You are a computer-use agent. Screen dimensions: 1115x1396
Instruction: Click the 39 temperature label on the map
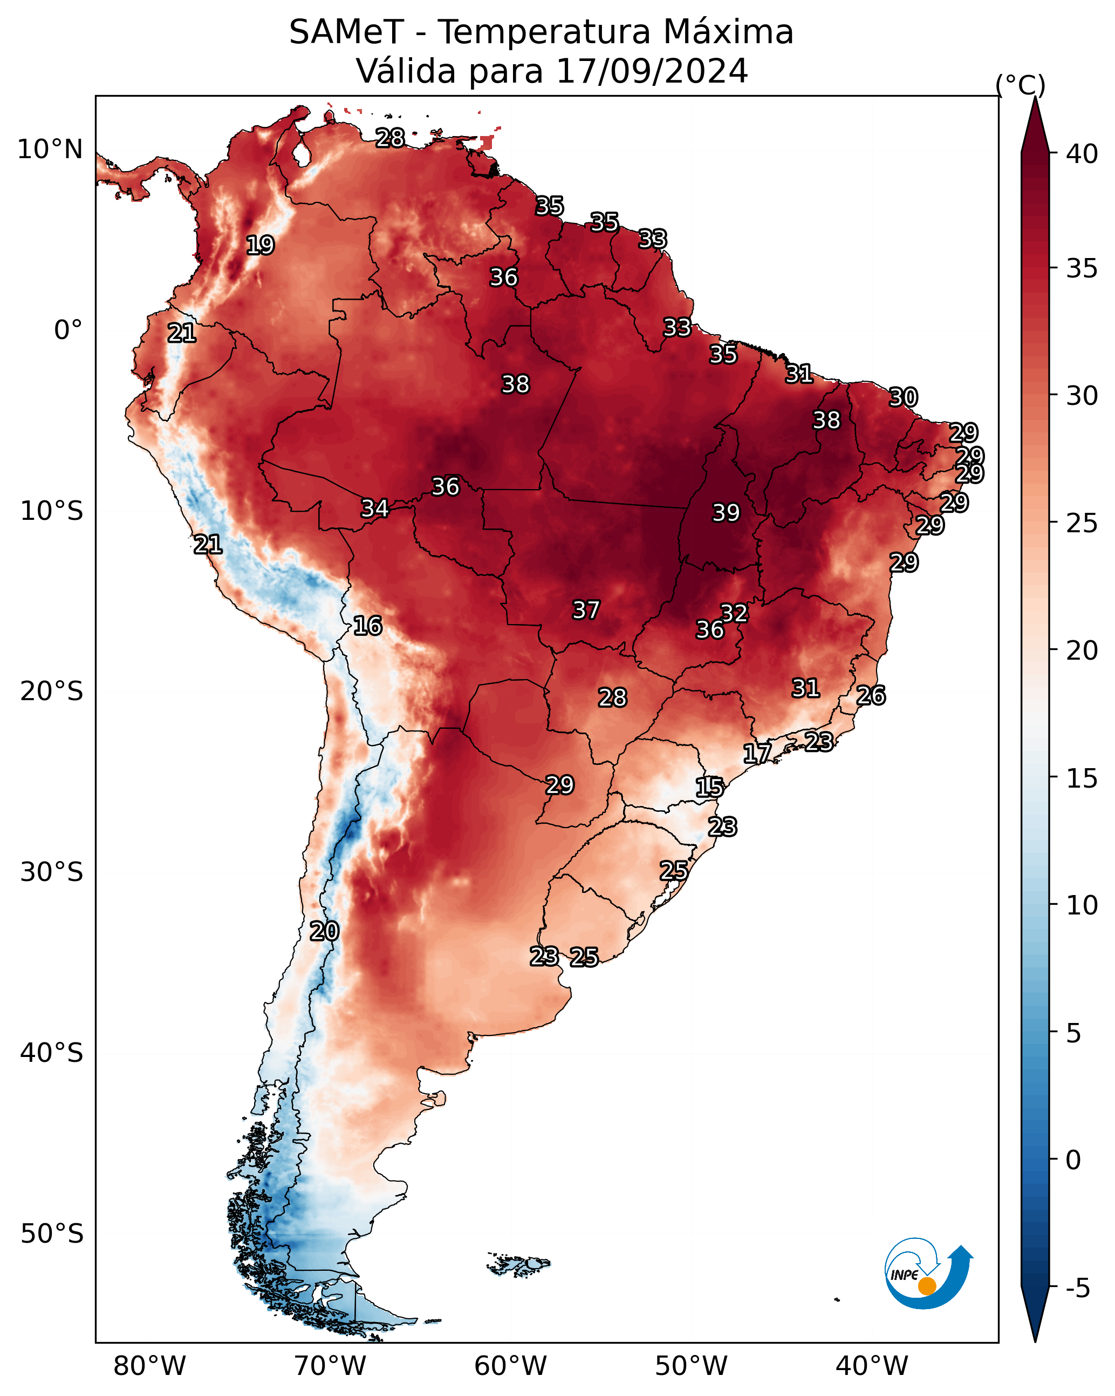pyautogui.click(x=726, y=513)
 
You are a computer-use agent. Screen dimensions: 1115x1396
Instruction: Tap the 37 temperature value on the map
pyautogui.click(x=586, y=610)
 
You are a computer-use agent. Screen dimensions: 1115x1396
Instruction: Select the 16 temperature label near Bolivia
pyautogui.click(x=367, y=626)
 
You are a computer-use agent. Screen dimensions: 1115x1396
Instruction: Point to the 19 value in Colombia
pyautogui.click(x=260, y=246)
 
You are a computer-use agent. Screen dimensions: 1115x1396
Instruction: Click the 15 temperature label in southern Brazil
pyautogui.click(x=709, y=788)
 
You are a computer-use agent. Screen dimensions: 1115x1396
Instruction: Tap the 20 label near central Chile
pyautogui.click(x=324, y=931)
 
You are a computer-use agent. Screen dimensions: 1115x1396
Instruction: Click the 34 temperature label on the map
pyautogui.click(x=375, y=509)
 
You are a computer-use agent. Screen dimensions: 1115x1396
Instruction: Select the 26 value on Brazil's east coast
pyautogui.click(x=871, y=695)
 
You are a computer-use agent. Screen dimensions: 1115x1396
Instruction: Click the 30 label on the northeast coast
pyautogui.click(x=903, y=397)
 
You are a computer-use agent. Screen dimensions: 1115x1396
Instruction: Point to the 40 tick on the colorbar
pyautogui.click(x=1082, y=154)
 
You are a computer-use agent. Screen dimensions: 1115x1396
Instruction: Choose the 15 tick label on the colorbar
pyautogui.click(x=1082, y=778)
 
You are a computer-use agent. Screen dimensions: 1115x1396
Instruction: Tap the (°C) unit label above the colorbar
pyautogui.click(x=1021, y=85)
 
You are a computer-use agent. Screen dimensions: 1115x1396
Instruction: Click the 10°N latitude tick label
pyautogui.click(x=50, y=150)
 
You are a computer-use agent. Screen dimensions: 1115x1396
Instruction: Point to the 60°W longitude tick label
pyautogui.click(x=511, y=1366)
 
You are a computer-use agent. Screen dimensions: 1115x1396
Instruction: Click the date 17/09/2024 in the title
pyautogui.click(x=652, y=71)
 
